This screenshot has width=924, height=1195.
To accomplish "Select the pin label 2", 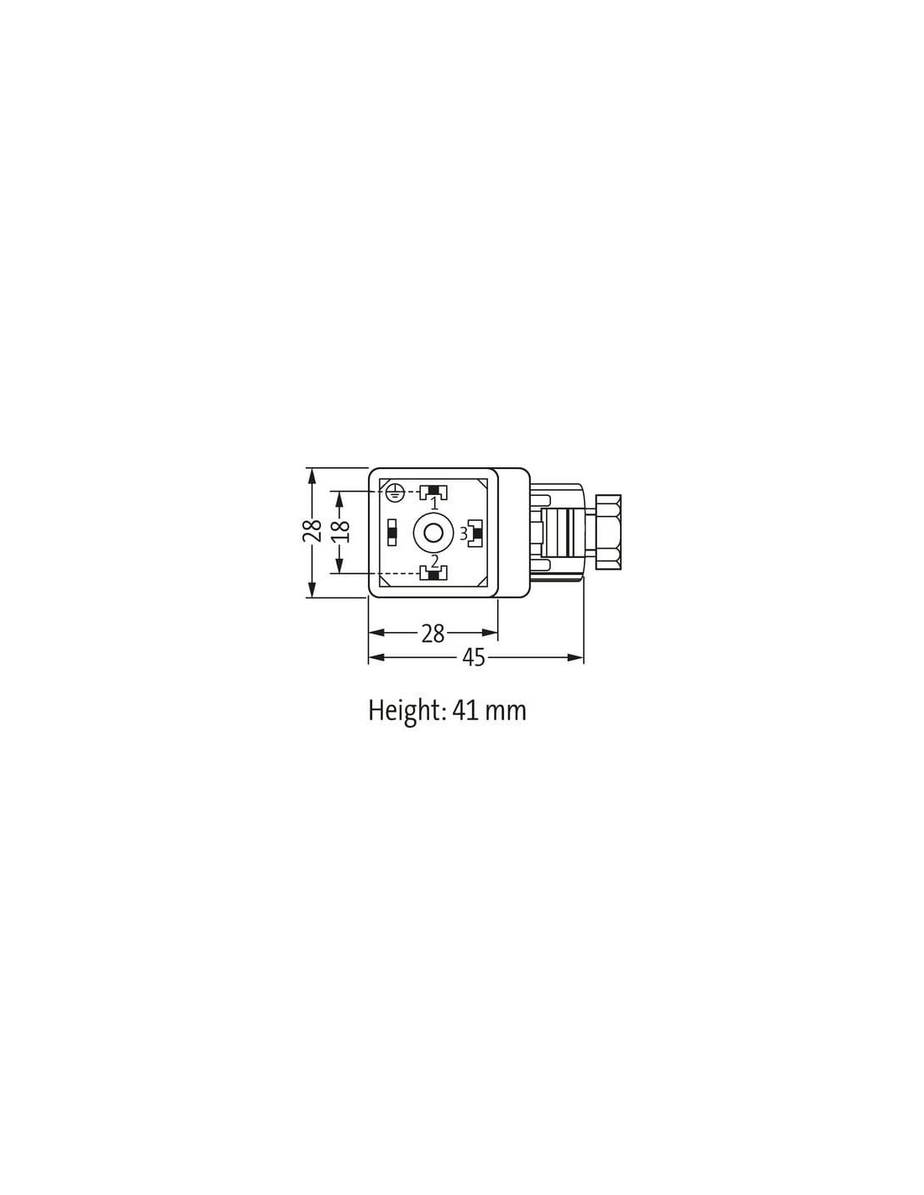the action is [x=434, y=561].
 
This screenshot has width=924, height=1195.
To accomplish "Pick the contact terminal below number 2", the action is [x=433, y=574].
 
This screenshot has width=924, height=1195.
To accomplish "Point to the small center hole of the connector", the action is [x=433, y=532].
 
